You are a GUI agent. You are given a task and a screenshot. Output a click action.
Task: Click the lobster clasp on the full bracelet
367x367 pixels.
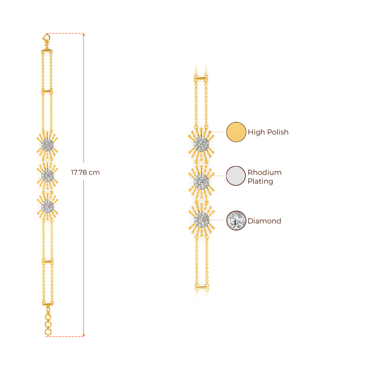pos(47,39)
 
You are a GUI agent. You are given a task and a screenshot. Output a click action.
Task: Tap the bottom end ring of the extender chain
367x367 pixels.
pos(48,333)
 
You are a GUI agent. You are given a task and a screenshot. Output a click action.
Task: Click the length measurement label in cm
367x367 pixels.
pos(85,172)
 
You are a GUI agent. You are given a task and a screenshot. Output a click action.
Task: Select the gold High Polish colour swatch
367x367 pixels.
pos(236,132)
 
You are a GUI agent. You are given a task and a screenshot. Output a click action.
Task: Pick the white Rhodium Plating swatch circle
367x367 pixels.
pos(236,176)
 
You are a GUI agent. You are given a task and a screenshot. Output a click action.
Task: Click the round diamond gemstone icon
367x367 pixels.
pos(236,220)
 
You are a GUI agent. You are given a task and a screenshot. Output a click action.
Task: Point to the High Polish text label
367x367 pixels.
pos(268,132)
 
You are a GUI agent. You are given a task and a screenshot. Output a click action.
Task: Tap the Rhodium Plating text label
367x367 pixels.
pos(265,177)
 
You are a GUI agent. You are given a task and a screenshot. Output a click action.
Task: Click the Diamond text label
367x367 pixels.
pos(264,221)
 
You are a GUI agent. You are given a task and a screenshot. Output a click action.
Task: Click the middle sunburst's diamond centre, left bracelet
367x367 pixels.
pos(47,175)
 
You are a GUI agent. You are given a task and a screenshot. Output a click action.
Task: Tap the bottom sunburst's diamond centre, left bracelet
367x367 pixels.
pos(47,206)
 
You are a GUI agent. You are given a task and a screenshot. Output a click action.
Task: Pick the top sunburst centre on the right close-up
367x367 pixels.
pos(201,144)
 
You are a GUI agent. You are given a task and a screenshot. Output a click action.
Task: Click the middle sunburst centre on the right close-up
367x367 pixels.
pos(201,181)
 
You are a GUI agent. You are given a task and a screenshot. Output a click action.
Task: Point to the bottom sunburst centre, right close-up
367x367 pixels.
pos(201,219)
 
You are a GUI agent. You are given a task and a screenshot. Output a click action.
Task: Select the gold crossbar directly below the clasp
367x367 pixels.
pos(47,52)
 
